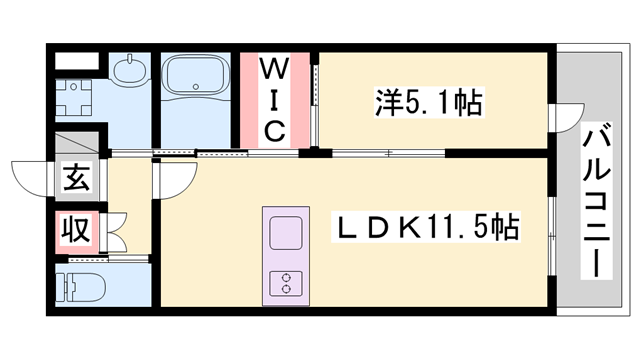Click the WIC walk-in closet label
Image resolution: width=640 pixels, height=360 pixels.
point(276,100)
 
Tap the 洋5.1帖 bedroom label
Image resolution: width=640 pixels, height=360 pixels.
point(430,101)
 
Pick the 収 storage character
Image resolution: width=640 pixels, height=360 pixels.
point(76,230)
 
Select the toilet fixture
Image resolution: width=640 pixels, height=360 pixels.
point(81,286)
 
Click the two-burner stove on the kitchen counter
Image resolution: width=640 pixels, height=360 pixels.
point(286,282)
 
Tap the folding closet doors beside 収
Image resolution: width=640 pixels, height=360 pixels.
point(113,231)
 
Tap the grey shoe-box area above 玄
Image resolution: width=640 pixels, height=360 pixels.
point(76,142)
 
